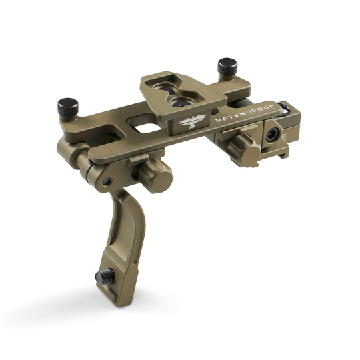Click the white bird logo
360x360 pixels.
[191, 122]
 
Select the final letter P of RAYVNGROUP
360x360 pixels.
[271, 106]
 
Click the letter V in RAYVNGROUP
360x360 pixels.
[235, 116]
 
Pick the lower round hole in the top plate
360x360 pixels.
[181, 103]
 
